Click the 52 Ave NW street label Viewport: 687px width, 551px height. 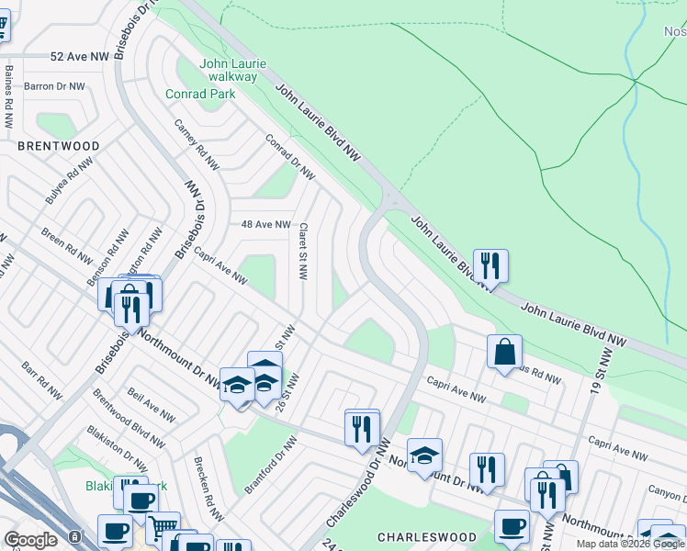[80, 56]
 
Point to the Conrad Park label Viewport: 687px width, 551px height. [196, 94]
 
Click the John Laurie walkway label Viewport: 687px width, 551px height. [234, 70]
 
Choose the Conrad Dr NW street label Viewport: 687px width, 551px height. [289, 159]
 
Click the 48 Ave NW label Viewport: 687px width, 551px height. [265, 224]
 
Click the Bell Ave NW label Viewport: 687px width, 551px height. [152, 404]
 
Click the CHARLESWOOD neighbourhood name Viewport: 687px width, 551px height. [427, 537]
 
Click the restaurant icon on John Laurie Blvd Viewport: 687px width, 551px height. [490, 265]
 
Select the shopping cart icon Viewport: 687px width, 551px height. [163, 527]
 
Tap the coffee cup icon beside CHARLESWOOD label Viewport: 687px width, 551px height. [512, 526]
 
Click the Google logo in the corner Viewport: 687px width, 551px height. [31, 540]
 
